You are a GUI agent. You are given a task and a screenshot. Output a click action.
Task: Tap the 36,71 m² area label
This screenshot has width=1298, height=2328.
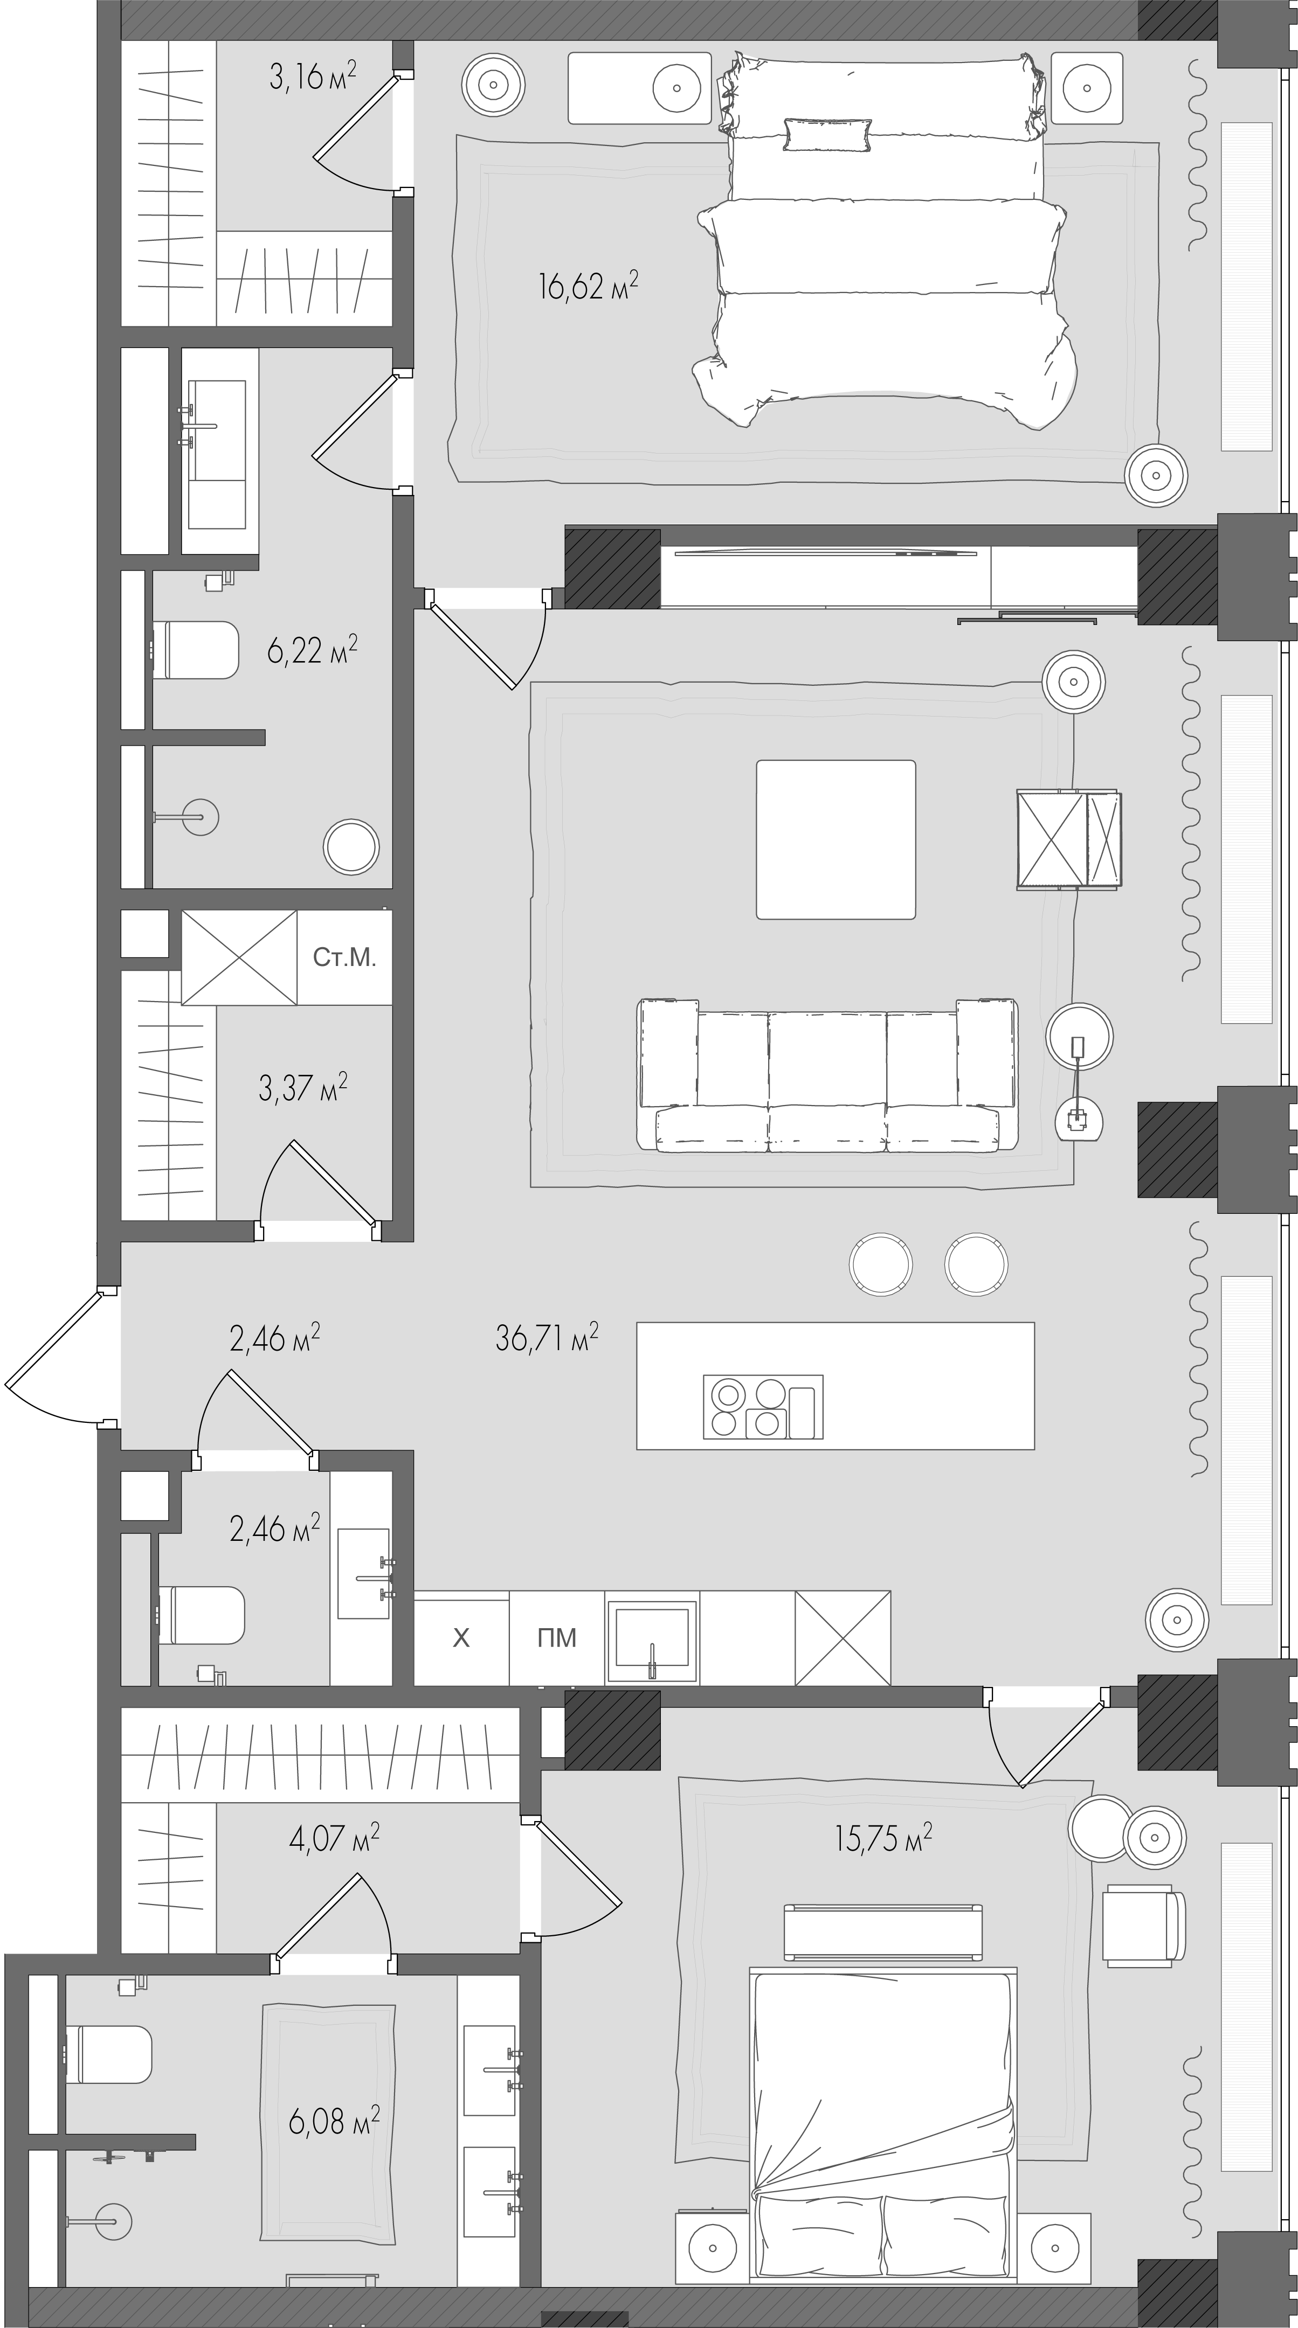click(547, 1338)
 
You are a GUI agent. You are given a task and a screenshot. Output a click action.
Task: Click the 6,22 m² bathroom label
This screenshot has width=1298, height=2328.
click(312, 650)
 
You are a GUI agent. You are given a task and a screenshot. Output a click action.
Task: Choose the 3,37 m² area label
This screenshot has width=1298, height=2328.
click(303, 1088)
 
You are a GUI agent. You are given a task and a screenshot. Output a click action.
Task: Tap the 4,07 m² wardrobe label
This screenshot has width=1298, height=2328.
click(334, 1838)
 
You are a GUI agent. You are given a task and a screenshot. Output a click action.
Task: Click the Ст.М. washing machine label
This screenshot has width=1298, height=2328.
click(344, 957)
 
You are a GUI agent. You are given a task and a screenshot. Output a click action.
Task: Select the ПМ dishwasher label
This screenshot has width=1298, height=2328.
click(557, 1637)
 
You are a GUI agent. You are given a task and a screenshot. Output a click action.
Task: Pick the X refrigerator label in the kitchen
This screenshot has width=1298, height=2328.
click(461, 1637)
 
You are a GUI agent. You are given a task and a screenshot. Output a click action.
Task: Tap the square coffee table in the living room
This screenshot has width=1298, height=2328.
click(835, 839)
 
